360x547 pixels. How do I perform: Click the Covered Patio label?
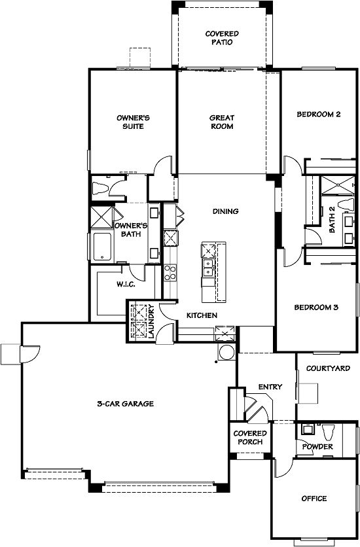[222, 38]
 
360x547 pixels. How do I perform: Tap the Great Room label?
[222, 122]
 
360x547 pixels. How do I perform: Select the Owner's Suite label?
[133, 122]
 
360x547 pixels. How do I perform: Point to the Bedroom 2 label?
[319, 114]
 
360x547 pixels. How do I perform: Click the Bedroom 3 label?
[316, 308]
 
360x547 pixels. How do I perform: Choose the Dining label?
[226, 211]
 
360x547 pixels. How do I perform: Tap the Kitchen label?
[202, 315]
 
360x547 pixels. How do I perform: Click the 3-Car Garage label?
[125, 404]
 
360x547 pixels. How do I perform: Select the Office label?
[314, 499]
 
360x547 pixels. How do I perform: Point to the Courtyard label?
[328, 368]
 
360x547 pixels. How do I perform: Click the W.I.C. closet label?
[126, 285]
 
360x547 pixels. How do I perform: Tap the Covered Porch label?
[250, 438]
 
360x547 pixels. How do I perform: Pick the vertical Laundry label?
[151, 321]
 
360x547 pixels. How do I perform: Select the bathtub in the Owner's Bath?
[102, 247]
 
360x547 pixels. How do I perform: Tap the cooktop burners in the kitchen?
[170, 273]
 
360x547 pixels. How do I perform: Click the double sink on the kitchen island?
[208, 267]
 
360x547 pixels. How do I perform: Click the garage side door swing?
[30, 355]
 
